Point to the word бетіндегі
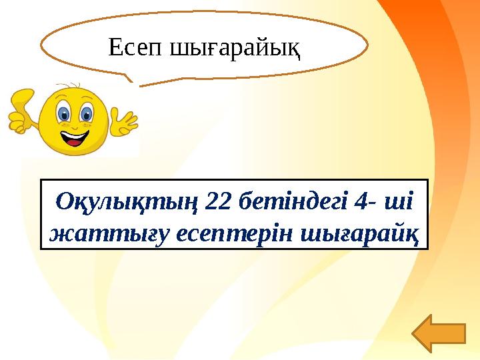(295, 199)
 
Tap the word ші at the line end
(407, 199)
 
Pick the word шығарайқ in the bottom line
(359, 234)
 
